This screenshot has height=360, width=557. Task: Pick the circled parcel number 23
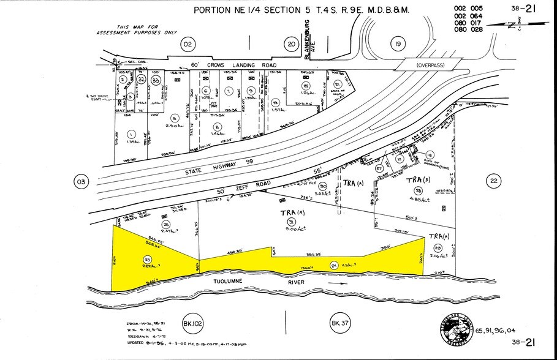click(147, 260)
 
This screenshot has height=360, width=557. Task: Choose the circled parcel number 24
click(334, 265)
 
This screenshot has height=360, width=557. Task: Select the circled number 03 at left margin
click(81, 181)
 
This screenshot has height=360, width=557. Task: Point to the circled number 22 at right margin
click(493, 181)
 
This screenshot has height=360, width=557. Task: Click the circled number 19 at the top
click(398, 43)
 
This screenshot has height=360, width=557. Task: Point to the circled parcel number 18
click(430, 155)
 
